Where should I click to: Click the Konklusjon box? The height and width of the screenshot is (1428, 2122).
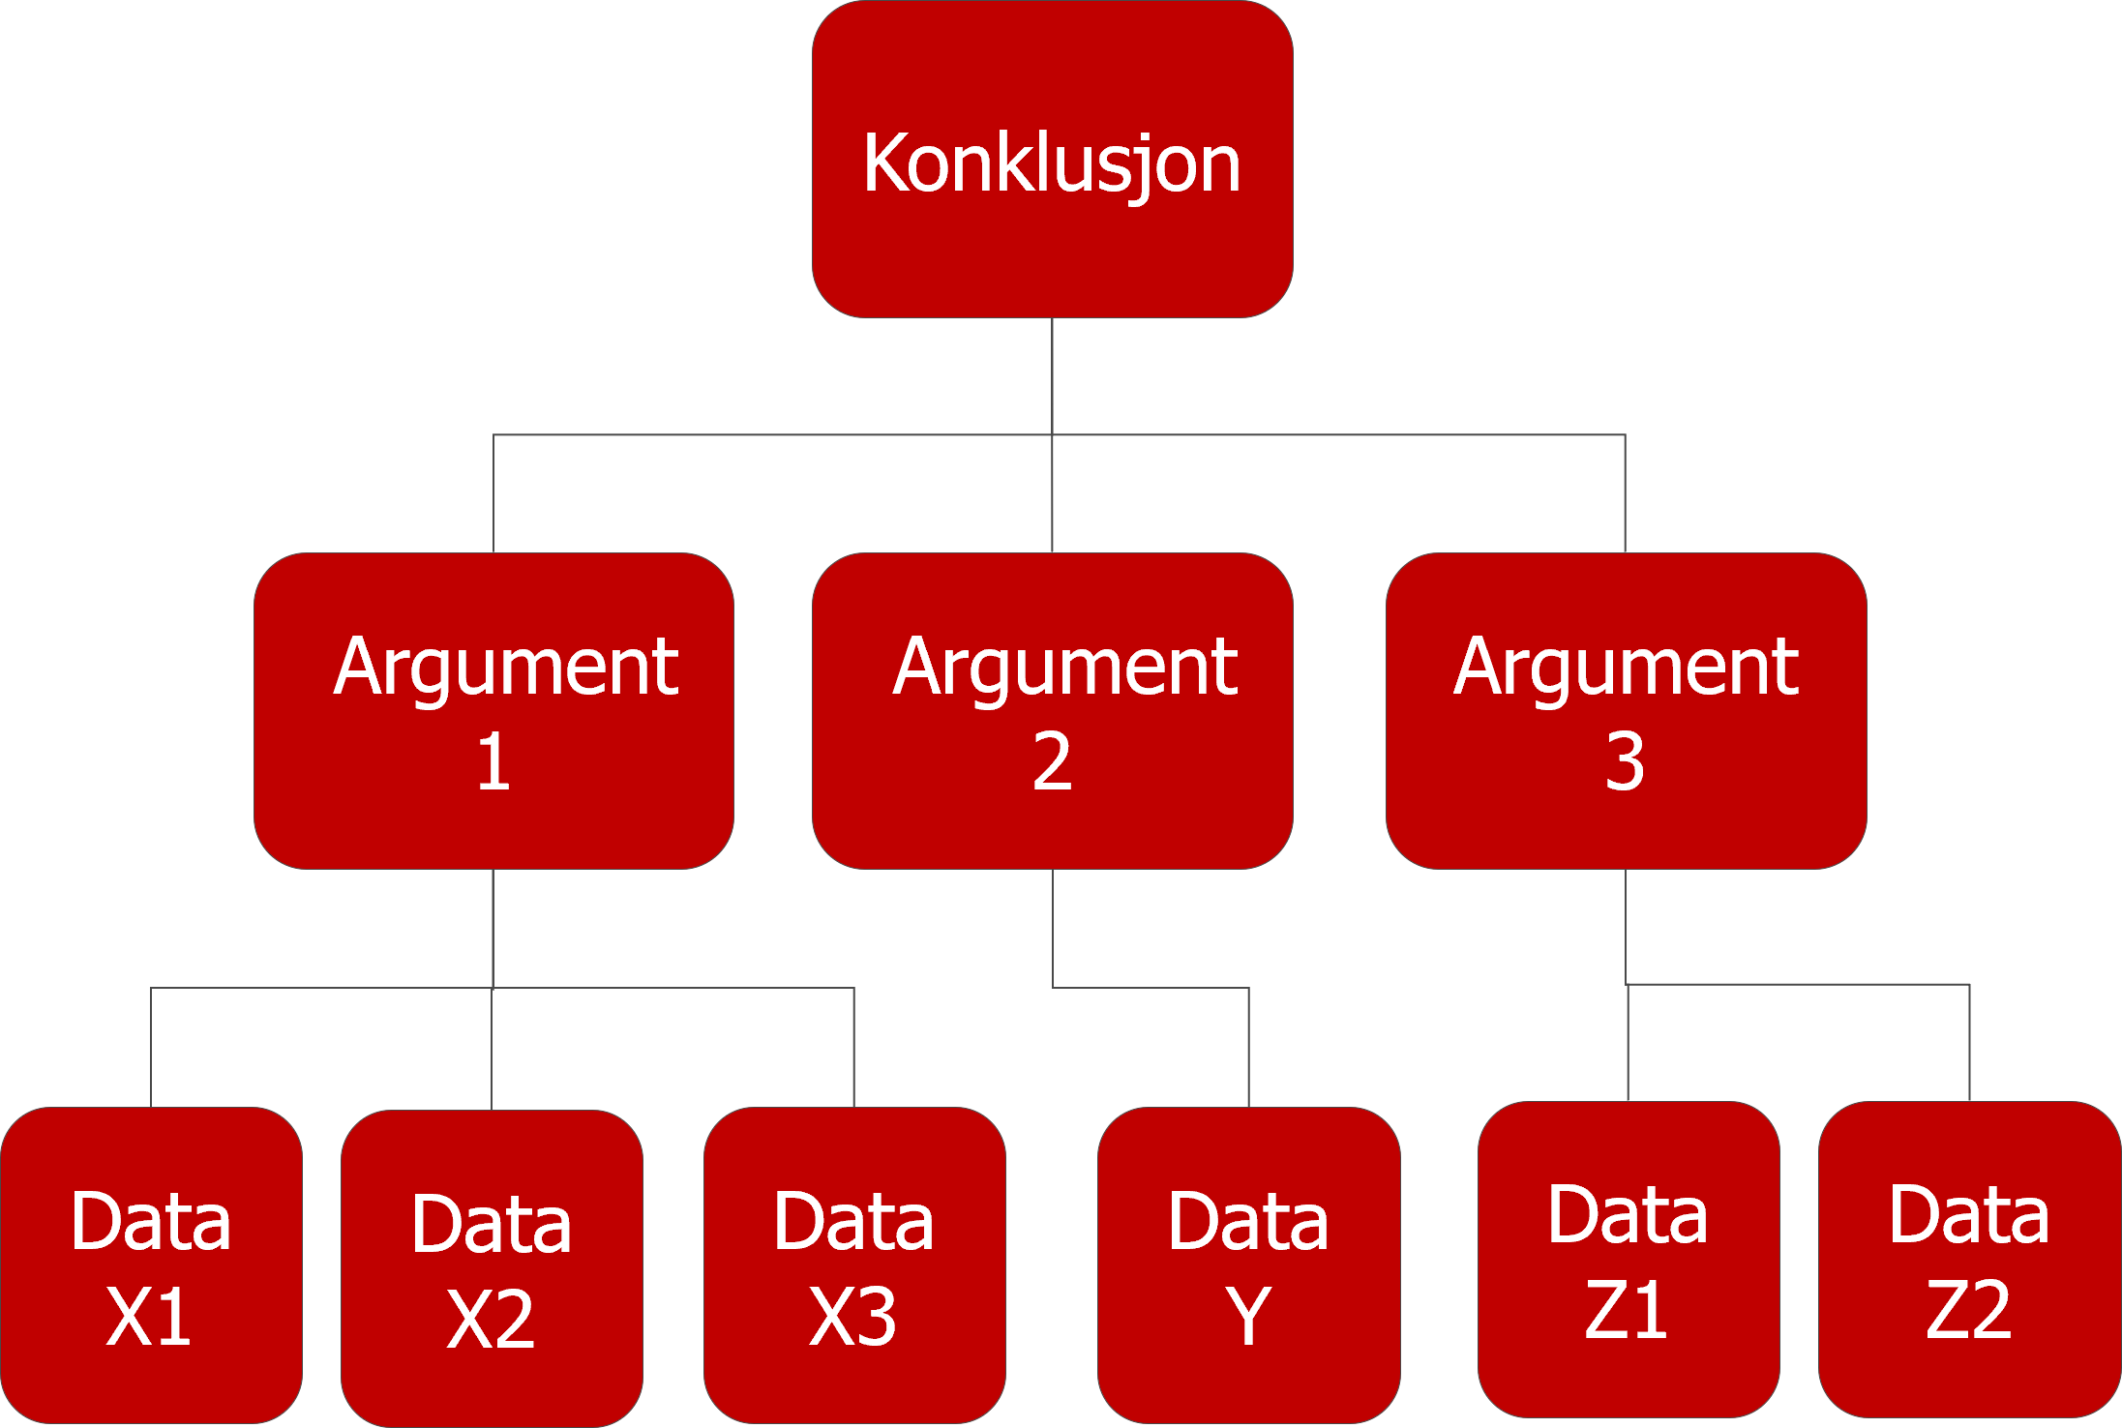click(x=1052, y=160)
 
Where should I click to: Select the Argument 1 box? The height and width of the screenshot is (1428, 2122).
click(x=493, y=711)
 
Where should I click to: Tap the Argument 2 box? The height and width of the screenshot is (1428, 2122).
click(x=1052, y=711)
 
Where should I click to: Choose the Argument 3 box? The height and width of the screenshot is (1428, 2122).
click(x=1626, y=711)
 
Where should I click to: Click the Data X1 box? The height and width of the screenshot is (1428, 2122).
click(x=151, y=1265)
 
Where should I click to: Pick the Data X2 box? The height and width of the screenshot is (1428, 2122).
click(x=492, y=1267)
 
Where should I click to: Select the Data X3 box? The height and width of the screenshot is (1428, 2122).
click(x=854, y=1265)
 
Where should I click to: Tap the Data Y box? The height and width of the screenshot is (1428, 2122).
click(x=1248, y=1265)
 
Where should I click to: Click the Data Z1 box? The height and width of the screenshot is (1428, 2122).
click(x=1628, y=1260)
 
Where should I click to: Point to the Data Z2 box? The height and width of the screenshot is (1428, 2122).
click(x=1969, y=1260)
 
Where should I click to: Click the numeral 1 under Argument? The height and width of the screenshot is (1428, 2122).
click(x=493, y=762)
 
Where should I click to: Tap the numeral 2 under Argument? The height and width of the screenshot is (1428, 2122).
click(x=1052, y=762)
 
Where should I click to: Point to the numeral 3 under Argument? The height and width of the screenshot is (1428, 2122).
click(x=1625, y=762)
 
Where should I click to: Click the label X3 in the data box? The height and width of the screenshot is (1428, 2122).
click(x=853, y=1317)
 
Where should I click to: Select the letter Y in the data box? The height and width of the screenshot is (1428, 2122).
click(x=1248, y=1316)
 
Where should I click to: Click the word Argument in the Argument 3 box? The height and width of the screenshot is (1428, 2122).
click(x=1626, y=668)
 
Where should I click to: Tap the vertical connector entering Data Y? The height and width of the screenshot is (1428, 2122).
click(x=1248, y=1050)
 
